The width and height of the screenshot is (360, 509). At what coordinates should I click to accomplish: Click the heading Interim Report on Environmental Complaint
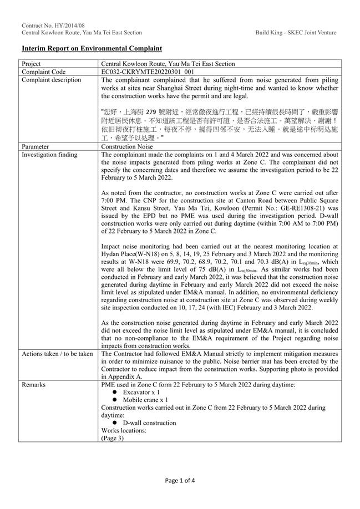click(92, 49)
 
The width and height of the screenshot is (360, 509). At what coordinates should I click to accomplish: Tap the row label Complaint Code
click(44, 72)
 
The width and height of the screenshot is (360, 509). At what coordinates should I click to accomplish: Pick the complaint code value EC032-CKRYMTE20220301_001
click(148, 72)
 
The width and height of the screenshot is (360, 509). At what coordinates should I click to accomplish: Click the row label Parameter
click(37, 146)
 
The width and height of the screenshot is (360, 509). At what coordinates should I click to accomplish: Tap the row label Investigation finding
click(49, 154)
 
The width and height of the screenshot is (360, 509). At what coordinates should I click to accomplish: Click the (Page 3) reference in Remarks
click(113, 438)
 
